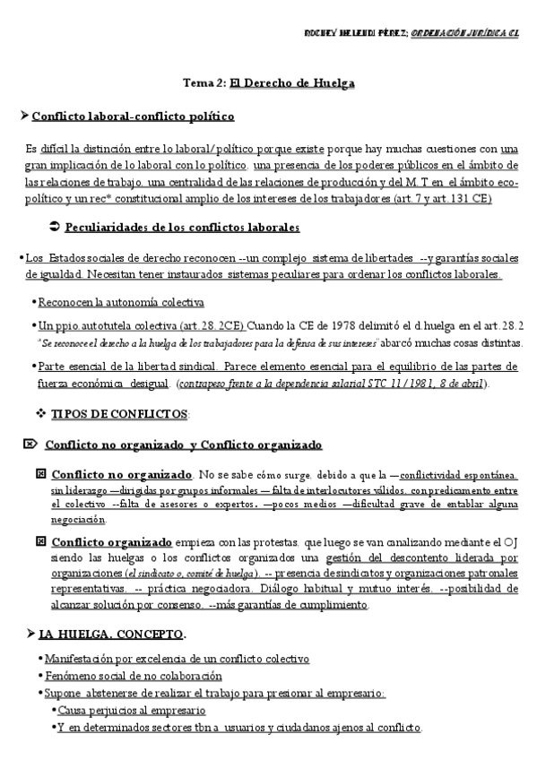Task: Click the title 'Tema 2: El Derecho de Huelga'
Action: pyautogui.click(x=269, y=83)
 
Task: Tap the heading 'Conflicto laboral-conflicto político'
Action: pyautogui.click(x=133, y=117)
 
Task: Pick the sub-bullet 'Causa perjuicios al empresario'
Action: pyautogui.click(x=131, y=710)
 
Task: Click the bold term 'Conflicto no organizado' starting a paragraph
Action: pyautogui.click(x=122, y=473)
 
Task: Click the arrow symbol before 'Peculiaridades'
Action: pyautogui.click(x=52, y=227)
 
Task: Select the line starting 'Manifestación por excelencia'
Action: pyautogui.click(x=176, y=660)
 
